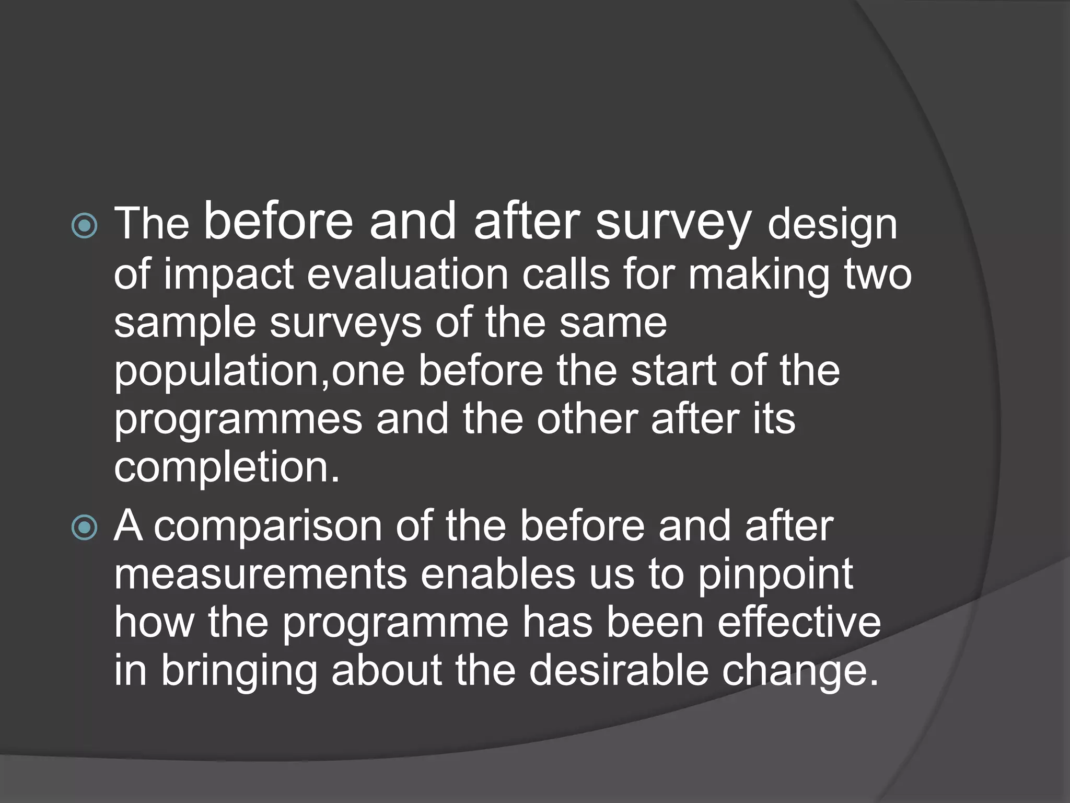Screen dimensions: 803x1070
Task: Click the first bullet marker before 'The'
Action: [84, 226]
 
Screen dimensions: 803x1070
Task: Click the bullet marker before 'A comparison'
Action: [84, 527]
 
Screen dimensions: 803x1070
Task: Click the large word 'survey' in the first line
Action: [673, 223]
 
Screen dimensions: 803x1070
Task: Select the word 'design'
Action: [832, 225]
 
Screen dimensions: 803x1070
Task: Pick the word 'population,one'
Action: [260, 372]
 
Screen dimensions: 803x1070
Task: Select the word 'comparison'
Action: [268, 526]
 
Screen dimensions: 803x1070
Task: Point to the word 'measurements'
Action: [260, 575]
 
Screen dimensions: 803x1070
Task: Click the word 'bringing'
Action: [239, 672]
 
